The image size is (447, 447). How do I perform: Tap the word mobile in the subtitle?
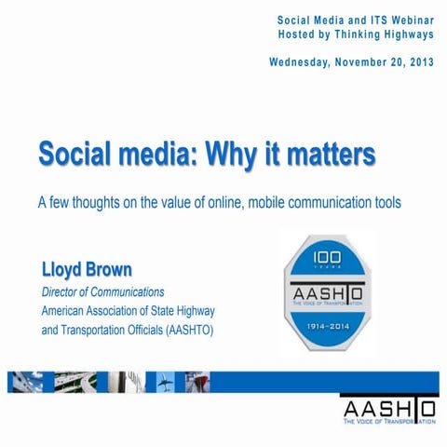tap(291, 202)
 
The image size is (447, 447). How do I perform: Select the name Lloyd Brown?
tap(87, 270)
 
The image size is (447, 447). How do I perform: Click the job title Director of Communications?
tap(102, 292)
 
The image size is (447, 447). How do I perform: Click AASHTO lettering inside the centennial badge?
tap(331, 297)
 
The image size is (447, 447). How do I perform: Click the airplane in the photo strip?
tap(165, 382)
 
